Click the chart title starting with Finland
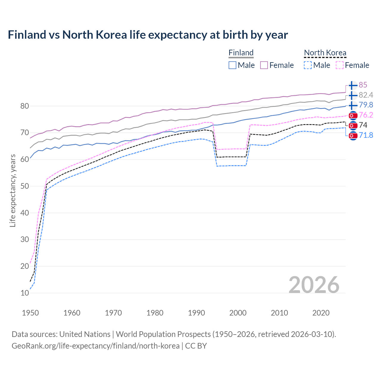148,35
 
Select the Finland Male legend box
232,65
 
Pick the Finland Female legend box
264,65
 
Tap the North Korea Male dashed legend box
308,65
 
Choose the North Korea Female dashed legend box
340,65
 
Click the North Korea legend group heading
325,53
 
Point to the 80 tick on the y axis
25,106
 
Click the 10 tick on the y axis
25,293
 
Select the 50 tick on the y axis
25,186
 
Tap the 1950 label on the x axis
30,313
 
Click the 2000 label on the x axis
238,313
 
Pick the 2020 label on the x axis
321,313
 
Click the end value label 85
363,85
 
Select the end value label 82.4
366,95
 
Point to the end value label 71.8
366,135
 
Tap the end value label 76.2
366,115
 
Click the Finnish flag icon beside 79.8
353,105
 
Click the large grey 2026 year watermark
314,285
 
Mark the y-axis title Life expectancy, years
13,190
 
